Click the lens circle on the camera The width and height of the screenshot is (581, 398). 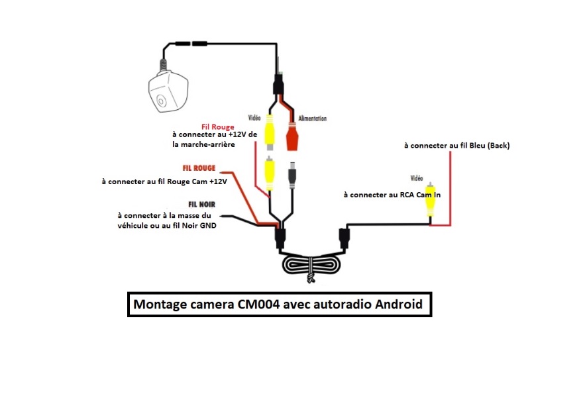click(x=162, y=102)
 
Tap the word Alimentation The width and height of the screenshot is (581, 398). click(x=313, y=119)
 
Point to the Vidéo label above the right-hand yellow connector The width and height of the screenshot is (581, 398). click(x=417, y=178)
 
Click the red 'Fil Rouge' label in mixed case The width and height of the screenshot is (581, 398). click(x=217, y=126)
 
